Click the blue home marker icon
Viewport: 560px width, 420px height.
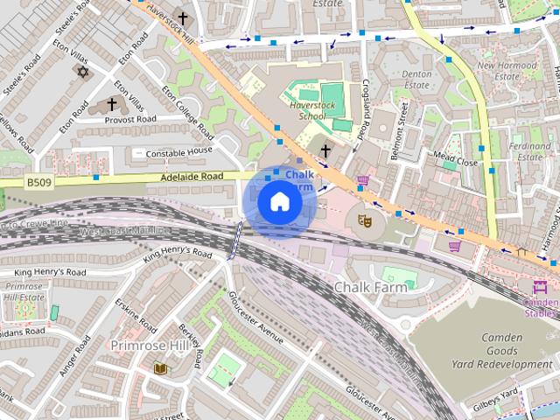click(x=279, y=201)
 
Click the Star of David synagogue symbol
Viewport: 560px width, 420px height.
click(x=84, y=72)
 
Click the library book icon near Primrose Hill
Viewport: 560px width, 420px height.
click(x=160, y=369)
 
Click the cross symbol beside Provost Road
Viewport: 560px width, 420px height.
click(x=112, y=104)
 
